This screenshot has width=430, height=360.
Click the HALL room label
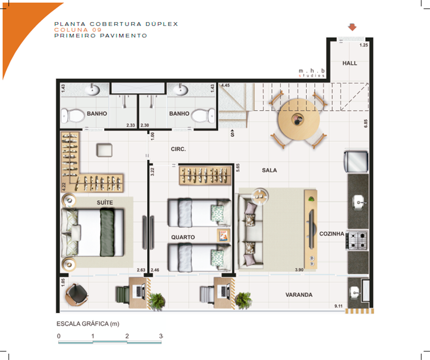coord(349,63)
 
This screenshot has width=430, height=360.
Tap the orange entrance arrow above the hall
coord(352,27)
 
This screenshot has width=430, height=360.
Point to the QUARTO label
coord(183,238)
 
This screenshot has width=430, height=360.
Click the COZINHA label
coord(332,234)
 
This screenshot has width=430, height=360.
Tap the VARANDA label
coord(299,295)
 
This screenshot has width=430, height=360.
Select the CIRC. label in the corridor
coord(178,149)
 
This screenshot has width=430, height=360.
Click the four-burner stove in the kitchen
coord(357,240)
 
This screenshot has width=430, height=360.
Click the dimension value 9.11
coord(338,306)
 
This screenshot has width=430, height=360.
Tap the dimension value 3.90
coord(299,270)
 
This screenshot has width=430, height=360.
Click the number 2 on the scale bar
coord(127,336)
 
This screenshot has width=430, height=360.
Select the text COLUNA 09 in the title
coord(75,30)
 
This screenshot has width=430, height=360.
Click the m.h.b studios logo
coord(312,72)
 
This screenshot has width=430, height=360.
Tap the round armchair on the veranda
coord(76,294)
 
